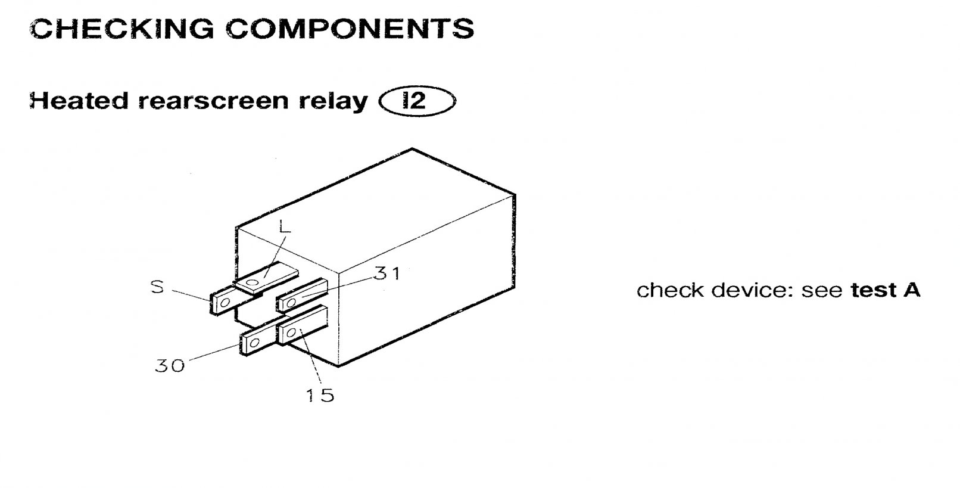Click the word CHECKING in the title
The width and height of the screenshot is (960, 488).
tap(122, 29)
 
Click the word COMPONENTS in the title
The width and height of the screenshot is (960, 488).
tap(350, 29)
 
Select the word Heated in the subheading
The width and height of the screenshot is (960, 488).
tap(79, 101)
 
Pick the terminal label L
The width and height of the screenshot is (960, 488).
tap(285, 227)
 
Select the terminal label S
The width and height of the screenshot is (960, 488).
tap(157, 287)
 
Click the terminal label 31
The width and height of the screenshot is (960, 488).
tap(388, 273)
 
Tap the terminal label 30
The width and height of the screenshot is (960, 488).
tap(170, 365)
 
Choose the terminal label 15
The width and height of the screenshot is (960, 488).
tap(320, 394)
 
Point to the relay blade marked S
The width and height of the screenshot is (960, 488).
tap(223, 302)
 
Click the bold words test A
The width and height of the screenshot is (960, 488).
tap(886, 290)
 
